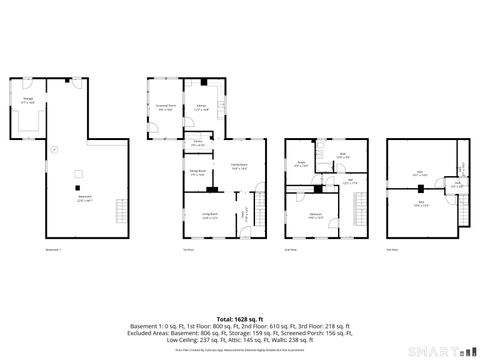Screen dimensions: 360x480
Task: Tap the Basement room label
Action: tap(86, 198)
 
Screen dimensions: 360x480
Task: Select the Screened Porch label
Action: tap(165, 107)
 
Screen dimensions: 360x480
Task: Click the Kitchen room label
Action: tap(201, 107)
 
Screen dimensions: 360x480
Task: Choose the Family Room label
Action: tap(240, 168)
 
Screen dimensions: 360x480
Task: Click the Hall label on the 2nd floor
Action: tap(350, 182)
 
